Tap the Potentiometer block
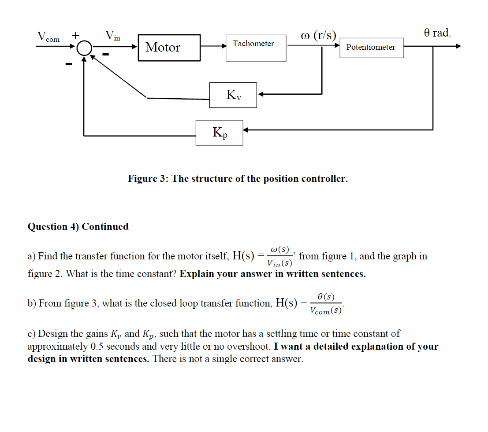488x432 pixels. coord(371,47)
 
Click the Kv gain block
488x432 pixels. coord(233,95)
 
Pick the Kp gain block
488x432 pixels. coord(220,133)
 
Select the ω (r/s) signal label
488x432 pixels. coord(318,35)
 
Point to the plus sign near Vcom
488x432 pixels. coord(76,34)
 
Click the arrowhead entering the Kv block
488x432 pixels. coord(261,94)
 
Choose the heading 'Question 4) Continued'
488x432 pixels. coord(78,226)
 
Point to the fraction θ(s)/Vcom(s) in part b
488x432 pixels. coord(325,303)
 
